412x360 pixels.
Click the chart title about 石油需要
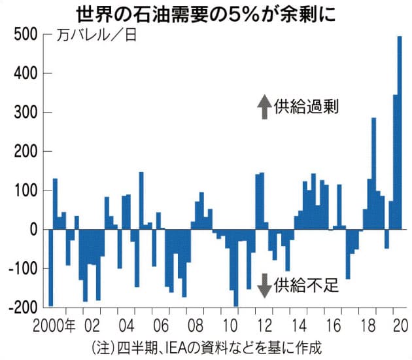[x=206, y=12]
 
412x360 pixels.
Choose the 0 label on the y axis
[x=29, y=230]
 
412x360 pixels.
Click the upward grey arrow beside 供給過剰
[x=263, y=107]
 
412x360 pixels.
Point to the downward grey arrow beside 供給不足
[x=263, y=284]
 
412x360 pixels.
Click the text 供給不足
[x=305, y=285]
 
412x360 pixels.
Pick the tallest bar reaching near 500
[x=400, y=131]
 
